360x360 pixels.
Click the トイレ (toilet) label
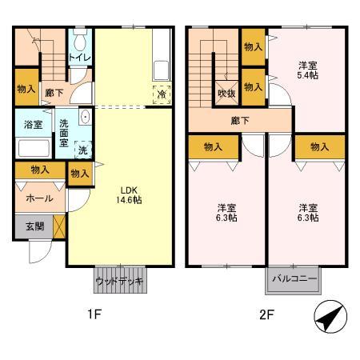[79, 58]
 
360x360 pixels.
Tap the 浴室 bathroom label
[33, 125]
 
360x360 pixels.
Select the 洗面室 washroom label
[64, 131]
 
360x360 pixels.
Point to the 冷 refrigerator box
[162, 93]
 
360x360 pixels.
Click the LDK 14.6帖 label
[131, 194]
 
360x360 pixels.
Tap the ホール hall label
[40, 198]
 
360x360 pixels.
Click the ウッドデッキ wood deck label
[118, 282]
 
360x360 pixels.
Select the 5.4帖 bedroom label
[307, 70]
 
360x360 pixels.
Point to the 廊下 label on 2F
[240, 121]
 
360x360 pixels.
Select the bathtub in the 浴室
[33, 149]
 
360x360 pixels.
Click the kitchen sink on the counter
[160, 67]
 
